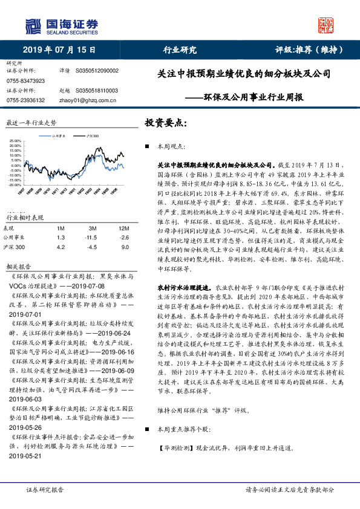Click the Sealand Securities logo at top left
click(61, 25)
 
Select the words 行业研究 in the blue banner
click(180, 50)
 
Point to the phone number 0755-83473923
click(25, 80)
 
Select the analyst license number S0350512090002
click(97, 71)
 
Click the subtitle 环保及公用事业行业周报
click(254, 97)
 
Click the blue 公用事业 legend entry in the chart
click(59, 137)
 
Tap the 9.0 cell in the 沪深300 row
click(125, 247)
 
